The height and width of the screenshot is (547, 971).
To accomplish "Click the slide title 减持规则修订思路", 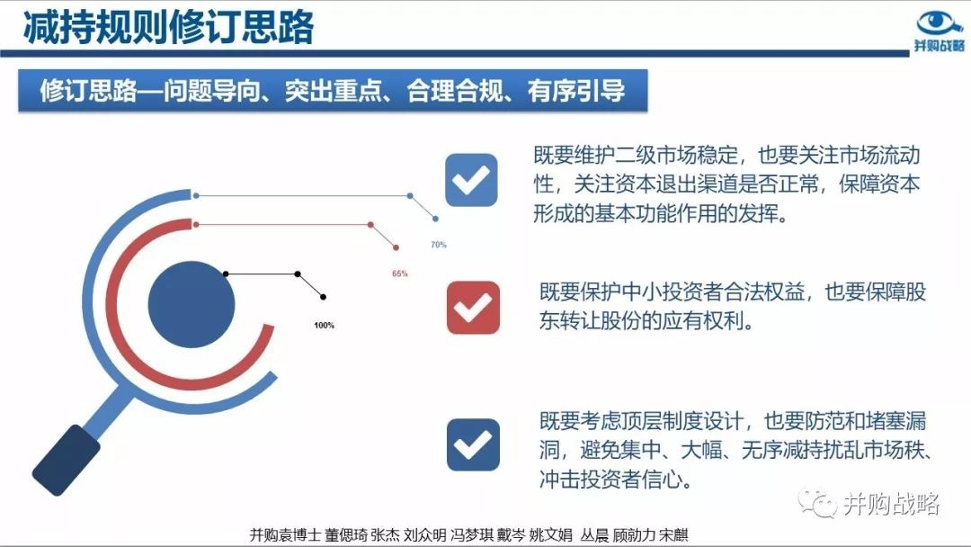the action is [168, 27].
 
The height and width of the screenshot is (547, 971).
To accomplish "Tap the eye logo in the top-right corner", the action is [940, 23].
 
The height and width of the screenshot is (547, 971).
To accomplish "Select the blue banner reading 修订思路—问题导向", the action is [334, 91].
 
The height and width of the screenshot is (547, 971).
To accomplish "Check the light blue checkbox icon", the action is [471, 180].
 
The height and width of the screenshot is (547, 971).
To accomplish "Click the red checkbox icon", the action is [473, 308].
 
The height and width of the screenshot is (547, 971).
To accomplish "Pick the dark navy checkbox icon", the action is [473, 444].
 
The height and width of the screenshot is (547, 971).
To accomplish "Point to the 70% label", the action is [439, 245].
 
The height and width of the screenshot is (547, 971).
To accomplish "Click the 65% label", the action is [400, 273].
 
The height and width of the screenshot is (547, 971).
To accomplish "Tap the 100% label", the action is [324, 325].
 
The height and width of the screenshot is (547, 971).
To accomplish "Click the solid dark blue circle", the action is [192, 304].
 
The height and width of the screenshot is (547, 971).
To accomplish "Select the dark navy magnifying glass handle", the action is [66, 461].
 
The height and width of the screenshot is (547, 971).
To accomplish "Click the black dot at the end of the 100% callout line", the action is [324, 298].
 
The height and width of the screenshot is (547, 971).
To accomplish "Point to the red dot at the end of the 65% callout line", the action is [396, 247].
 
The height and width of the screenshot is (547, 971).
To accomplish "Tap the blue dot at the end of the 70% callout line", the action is [436, 219].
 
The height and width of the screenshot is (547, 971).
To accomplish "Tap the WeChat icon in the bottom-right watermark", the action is [817, 502].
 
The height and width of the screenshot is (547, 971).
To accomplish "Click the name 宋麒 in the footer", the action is [673, 534].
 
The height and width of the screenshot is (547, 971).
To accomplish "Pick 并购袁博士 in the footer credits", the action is [286, 534].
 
